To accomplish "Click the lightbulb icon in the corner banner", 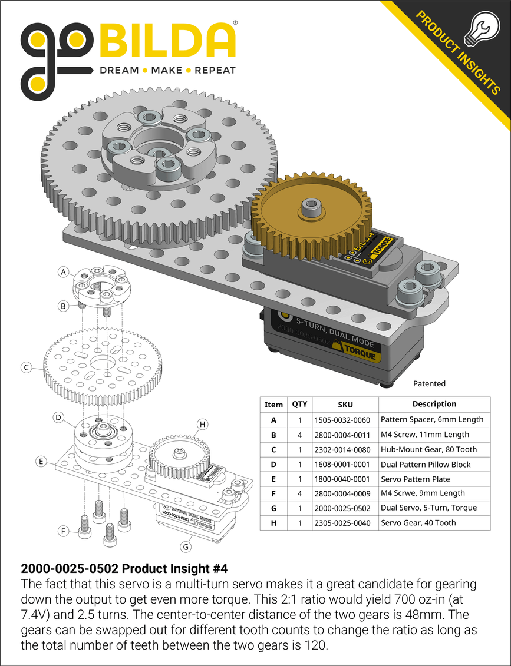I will [479, 29].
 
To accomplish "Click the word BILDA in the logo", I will [168, 41].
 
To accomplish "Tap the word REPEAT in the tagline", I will [215, 70].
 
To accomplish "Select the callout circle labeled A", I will [64, 272].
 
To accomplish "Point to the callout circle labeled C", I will [26, 368].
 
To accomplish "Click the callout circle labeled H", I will [202, 424].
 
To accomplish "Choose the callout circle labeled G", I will [186, 546].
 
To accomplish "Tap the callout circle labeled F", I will [63, 531].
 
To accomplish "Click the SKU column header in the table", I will [345, 405].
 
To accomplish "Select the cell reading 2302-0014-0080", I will [345, 449].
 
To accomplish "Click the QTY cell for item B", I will [299, 435].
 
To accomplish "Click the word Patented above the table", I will [429, 383].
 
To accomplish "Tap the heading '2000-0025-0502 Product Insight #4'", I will [124, 569].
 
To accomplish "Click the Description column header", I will [434, 404].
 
